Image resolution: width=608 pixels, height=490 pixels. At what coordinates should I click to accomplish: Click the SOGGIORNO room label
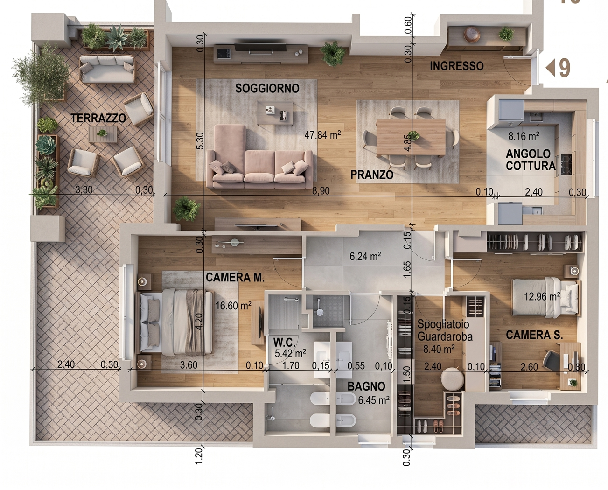pos(267,88)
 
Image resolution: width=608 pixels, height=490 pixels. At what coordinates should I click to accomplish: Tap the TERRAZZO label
pos(98,118)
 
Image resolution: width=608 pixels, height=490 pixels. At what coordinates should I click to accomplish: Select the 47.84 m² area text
pos(322,135)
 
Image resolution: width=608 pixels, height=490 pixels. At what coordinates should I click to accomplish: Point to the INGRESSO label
pos(456,66)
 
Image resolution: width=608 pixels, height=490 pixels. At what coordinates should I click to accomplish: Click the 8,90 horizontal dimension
pos(321,191)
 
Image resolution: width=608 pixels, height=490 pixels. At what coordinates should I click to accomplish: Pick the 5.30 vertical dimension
pos(200,141)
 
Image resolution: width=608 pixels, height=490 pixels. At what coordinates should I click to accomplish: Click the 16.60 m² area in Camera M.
pos(233,306)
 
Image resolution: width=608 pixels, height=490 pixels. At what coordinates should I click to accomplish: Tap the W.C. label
pos(284,343)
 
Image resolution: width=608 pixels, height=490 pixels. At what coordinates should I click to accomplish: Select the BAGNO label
pos(366,386)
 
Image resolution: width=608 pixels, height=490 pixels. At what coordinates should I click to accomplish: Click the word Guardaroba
pos(445,336)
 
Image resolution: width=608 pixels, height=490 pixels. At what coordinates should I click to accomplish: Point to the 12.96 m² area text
pos(542,296)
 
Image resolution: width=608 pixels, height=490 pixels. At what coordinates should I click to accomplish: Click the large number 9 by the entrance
pos(565,68)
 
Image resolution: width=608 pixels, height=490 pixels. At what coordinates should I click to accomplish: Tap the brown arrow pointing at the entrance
pos(550,68)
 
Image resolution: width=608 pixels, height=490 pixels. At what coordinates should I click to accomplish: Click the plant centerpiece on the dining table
pos(413,136)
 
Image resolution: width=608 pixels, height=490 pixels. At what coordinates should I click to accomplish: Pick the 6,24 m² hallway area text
pos(365,256)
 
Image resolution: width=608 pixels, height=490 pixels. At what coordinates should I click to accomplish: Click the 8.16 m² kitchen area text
pos(524,136)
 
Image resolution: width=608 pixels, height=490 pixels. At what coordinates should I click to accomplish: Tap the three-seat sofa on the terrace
pos(107,69)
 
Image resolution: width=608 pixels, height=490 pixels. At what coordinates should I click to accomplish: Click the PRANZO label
pos(372,175)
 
